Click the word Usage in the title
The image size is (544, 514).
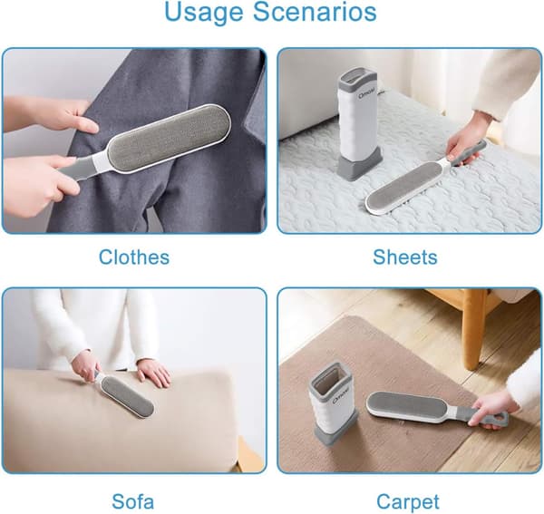(204, 13)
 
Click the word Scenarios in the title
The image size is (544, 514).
(315, 12)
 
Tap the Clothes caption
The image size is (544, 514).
(134, 257)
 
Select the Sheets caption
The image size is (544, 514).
(405, 257)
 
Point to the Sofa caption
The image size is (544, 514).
(133, 501)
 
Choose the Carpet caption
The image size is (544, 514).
(408, 502)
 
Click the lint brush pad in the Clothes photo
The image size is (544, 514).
(168, 138)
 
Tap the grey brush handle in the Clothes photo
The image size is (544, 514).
(77, 170)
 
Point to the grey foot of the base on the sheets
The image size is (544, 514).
(360, 168)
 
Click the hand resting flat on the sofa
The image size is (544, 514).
(154, 373)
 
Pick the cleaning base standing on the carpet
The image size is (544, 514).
(333, 403)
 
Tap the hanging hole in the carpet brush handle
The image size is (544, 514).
(498, 418)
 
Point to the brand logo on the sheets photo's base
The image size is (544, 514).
(351, 92)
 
